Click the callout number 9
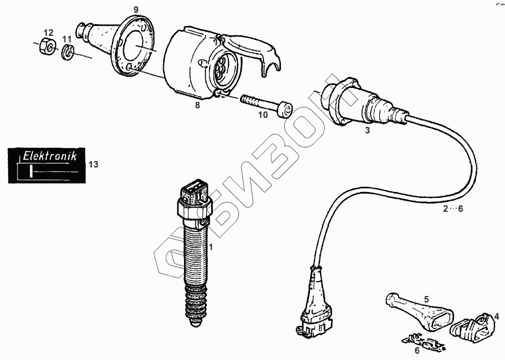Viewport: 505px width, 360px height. tap(135, 10)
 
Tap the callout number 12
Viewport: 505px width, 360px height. tap(48, 33)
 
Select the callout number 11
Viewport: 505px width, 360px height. tap(66, 39)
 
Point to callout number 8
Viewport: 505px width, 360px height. tap(197, 105)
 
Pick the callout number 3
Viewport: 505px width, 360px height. tap(367, 131)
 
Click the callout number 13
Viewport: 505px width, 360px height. tap(93, 164)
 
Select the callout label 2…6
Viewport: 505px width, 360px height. tap(453, 209)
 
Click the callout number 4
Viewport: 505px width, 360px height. tap(496, 316)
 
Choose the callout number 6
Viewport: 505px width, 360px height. tap(418, 350)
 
